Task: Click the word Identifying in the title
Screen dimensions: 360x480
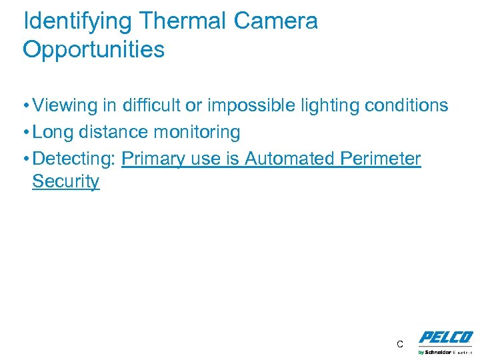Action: [x=78, y=21]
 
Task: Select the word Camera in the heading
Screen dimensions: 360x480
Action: [x=276, y=21]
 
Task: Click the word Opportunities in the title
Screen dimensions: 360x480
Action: [x=94, y=49]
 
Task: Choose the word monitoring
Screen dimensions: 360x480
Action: [x=197, y=132]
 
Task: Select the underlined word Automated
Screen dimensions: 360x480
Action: [x=291, y=159]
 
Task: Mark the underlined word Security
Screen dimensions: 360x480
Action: [x=65, y=181]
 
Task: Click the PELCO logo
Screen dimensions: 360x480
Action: [x=445, y=337]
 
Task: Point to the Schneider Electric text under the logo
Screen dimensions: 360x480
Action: [x=445, y=351]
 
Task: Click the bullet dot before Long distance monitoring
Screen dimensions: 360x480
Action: [x=26, y=133]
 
